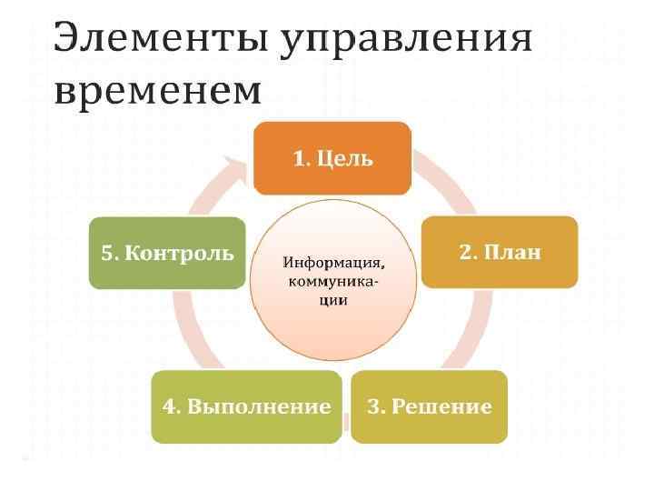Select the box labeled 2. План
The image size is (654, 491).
[x=499, y=252]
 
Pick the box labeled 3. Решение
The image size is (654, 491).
[x=428, y=406]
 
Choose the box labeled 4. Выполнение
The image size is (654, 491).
[x=246, y=406]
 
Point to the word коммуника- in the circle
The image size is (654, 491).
[x=333, y=282]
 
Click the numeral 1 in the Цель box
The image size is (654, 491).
[x=298, y=158]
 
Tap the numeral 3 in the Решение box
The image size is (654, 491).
[x=372, y=406]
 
